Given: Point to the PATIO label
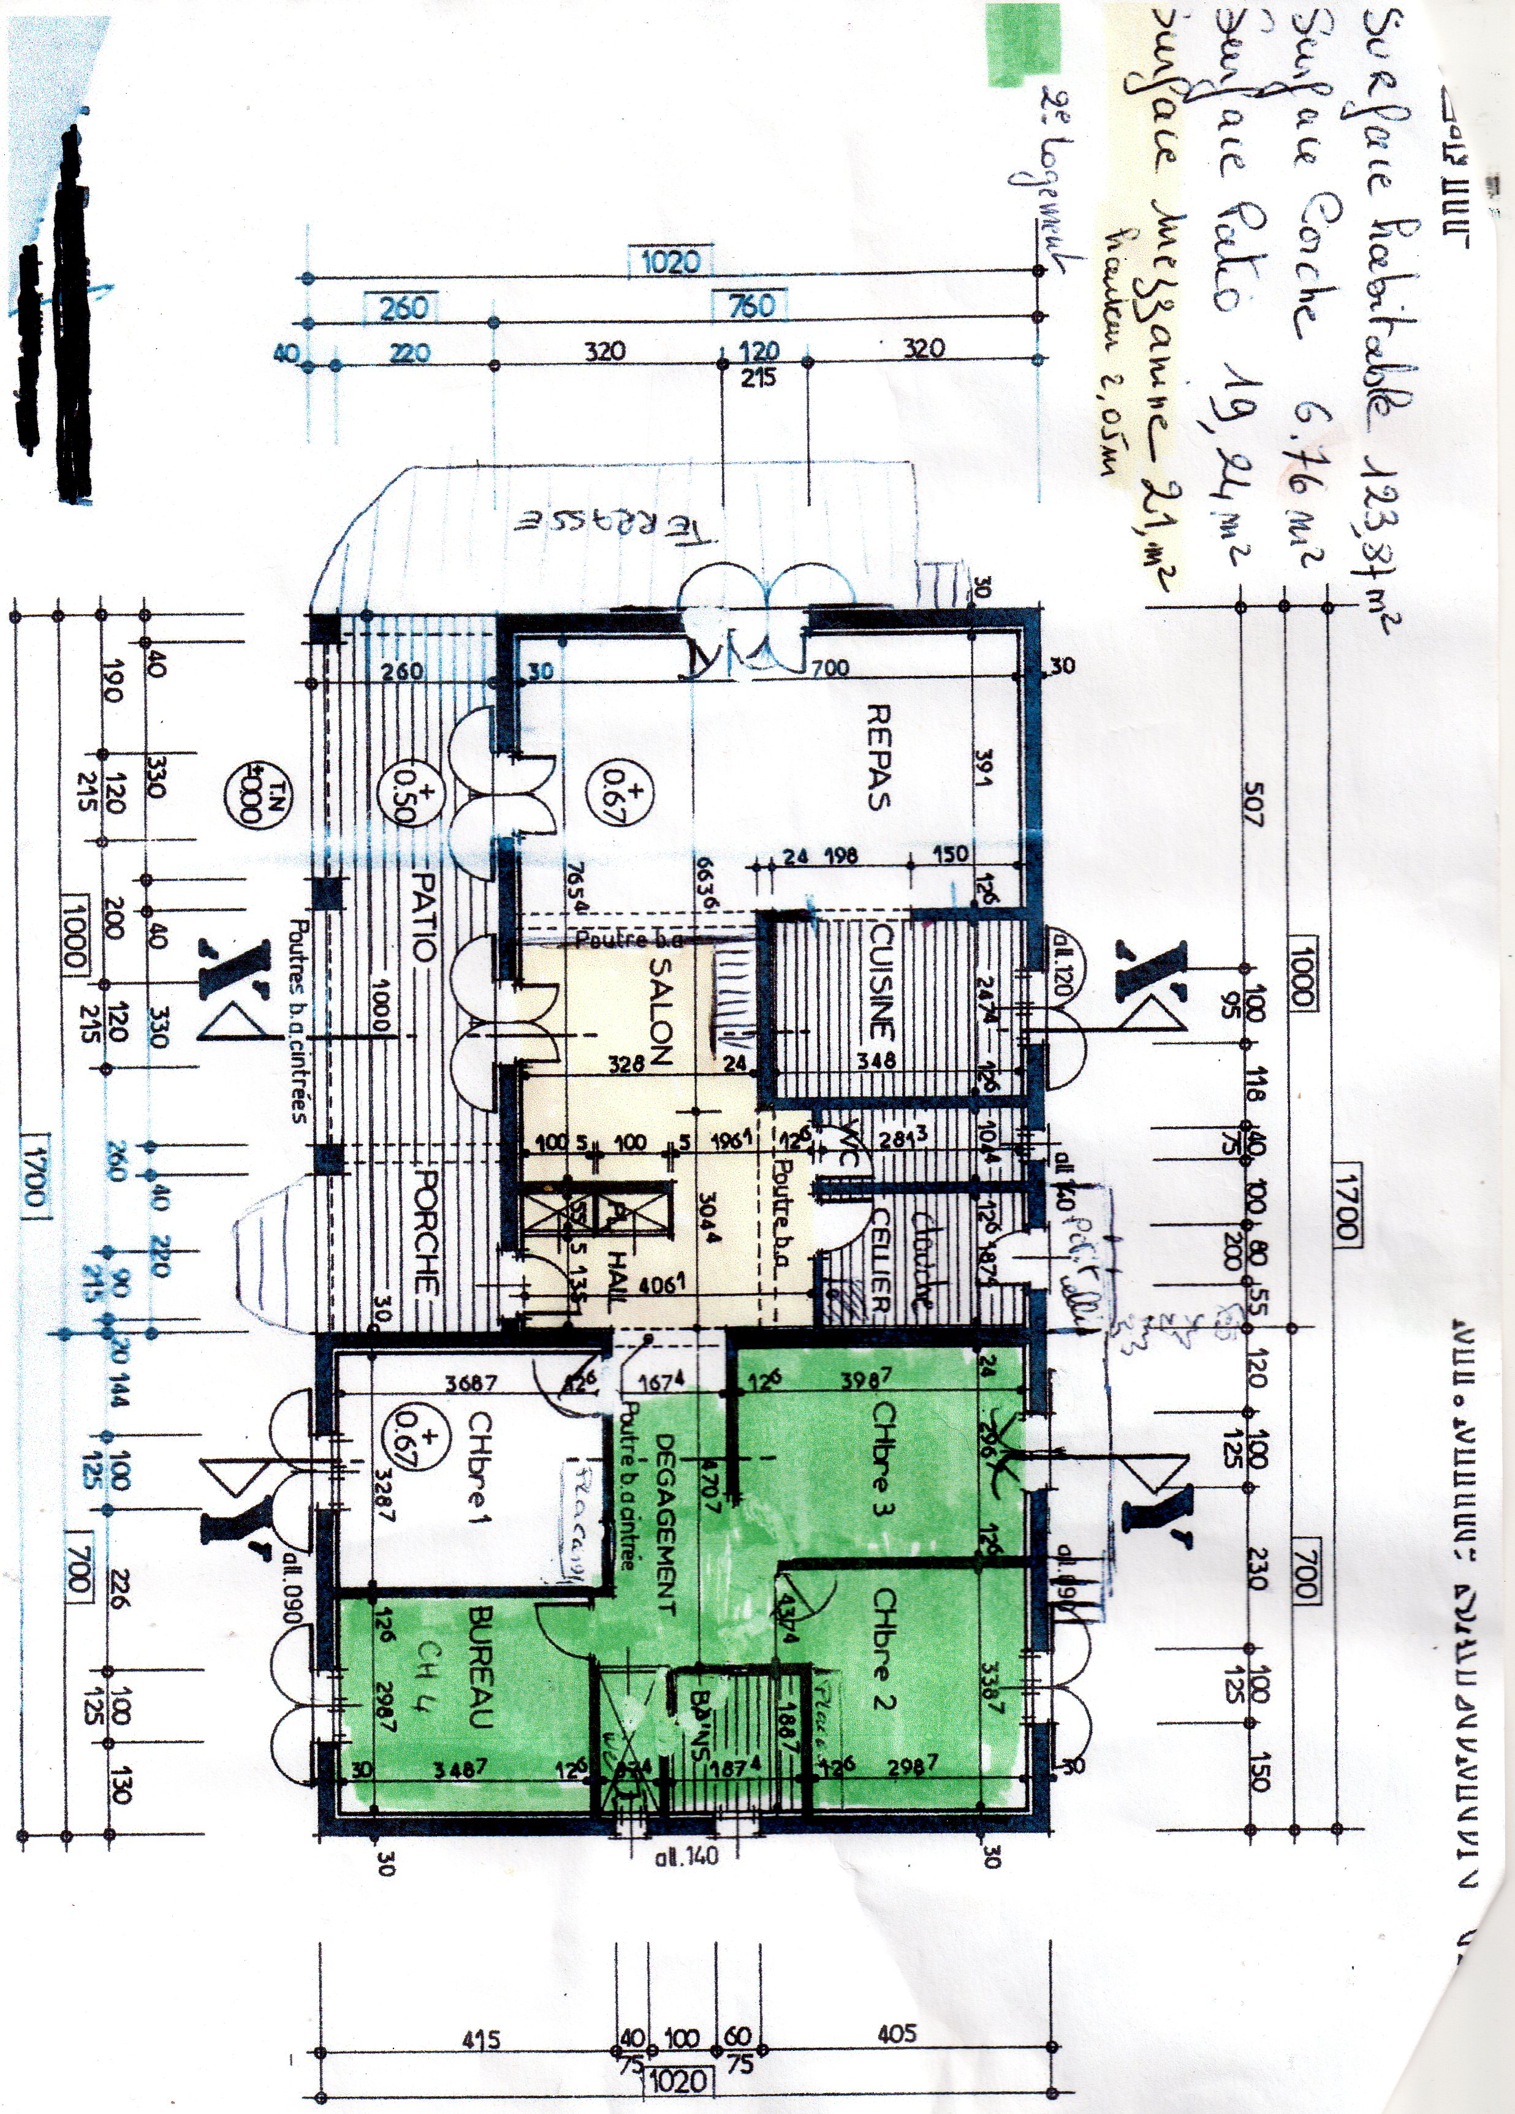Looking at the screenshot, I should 423,917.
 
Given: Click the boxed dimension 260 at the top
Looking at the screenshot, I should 404,306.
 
